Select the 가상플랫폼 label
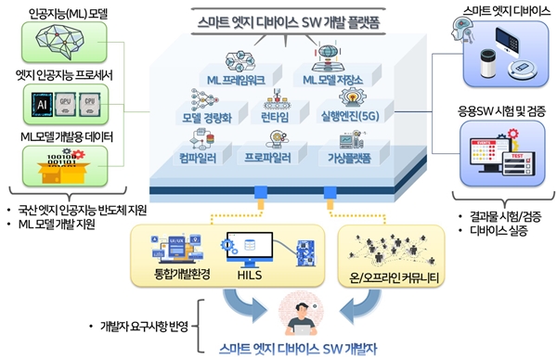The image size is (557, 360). [350, 157]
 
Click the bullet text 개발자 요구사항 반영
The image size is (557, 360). [145, 326]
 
